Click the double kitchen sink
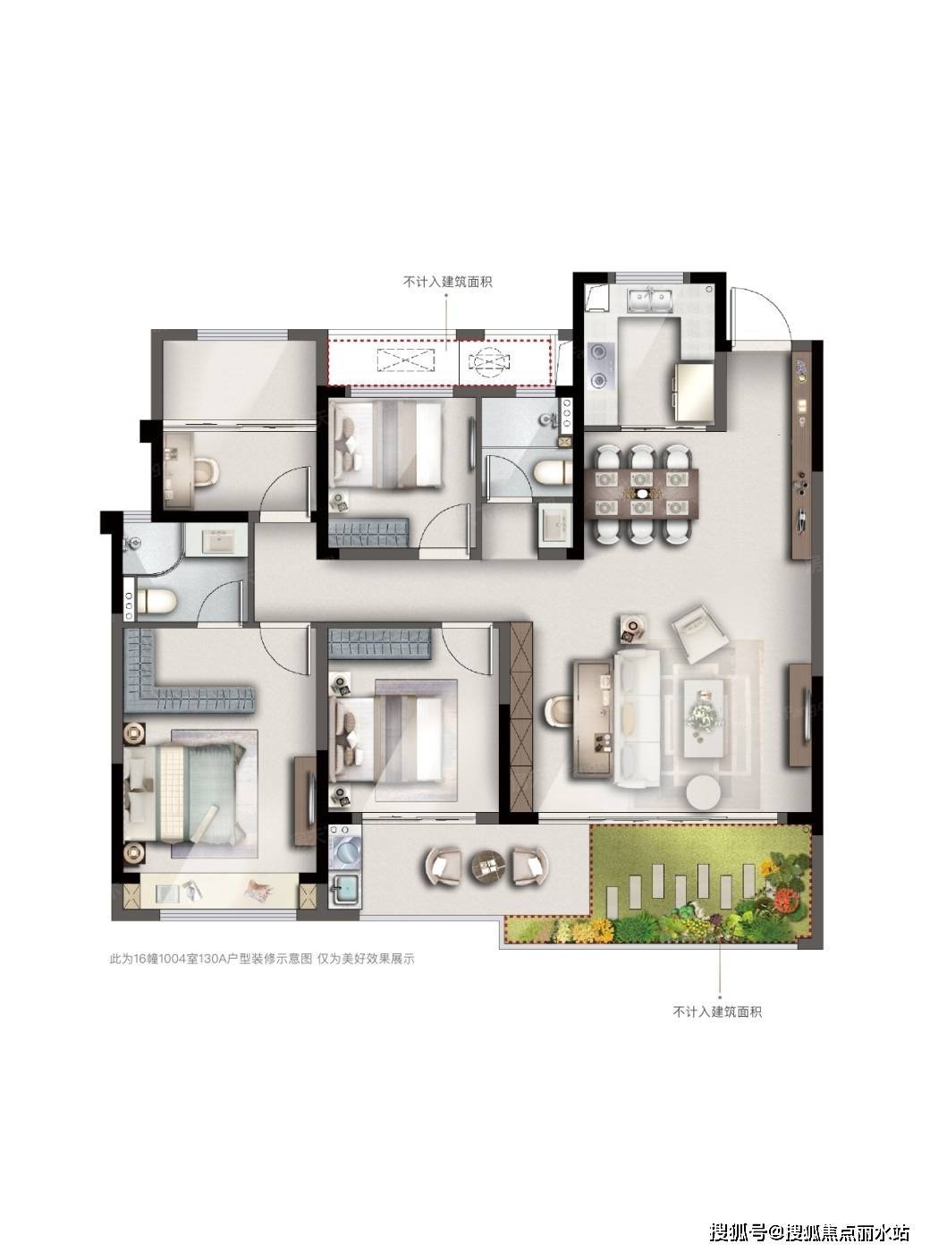click(x=651, y=300)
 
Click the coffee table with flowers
click(x=704, y=718)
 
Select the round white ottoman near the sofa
click(x=704, y=793)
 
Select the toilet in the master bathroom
click(x=157, y=601)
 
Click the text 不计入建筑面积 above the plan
click(x=446, y=282)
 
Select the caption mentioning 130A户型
click(x=262, y=974)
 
